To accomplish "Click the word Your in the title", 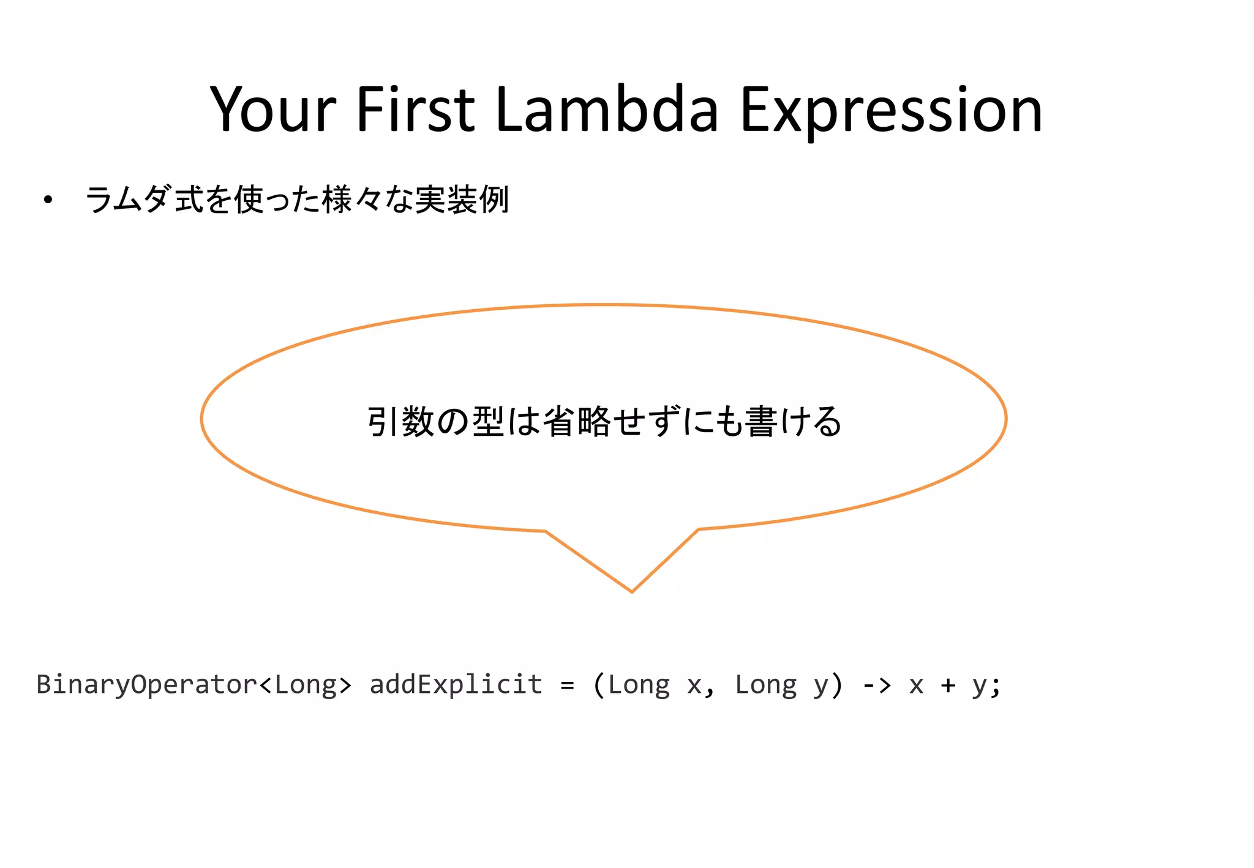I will tap(273, 110).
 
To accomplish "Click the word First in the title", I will tap(415, 110).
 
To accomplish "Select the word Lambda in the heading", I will tap(606, 110).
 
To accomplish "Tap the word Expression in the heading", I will tap(891, 110).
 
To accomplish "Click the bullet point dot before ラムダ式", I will tap(48, 200).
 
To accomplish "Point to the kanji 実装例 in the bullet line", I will tap(462, 200).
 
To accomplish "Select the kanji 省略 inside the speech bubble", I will tap(576, 422).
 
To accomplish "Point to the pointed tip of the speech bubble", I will tap(631, 590).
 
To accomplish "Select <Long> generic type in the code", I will tap(306, 684).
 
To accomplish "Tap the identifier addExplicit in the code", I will tap(456, 684).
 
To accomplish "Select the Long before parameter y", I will tap(765, 684).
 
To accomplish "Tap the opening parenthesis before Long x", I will tap(599, 684).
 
